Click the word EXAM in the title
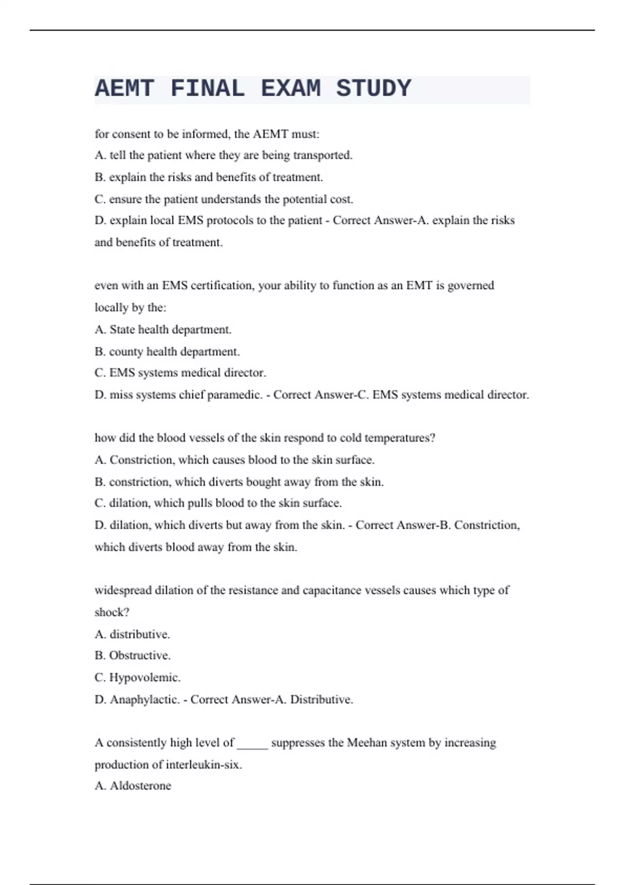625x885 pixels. click(291, 88)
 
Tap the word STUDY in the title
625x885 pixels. click(373, 88)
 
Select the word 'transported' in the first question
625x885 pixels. click(322, 155)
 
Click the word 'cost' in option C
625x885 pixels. click(342, 199)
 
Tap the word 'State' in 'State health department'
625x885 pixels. click(122, 330)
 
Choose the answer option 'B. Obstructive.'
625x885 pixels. click(133, 655)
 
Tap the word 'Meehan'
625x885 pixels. click(367, 742)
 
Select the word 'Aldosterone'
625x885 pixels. click(140, 786)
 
